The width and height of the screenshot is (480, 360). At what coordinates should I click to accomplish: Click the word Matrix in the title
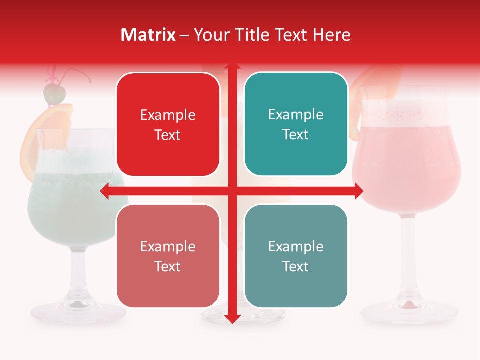coord(148,35)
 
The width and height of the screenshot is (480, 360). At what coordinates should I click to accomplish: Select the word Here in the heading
coord(332,35)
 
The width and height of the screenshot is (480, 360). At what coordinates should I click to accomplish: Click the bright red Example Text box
coord(168,124)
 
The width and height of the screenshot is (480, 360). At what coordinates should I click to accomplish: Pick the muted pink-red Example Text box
coord(168,256)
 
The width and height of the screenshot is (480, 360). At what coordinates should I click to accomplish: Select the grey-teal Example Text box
coord(296,256)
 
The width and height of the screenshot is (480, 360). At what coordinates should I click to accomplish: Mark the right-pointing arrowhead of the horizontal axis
coord(358,191)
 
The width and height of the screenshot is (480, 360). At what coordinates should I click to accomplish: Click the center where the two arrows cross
coord(232,191)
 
